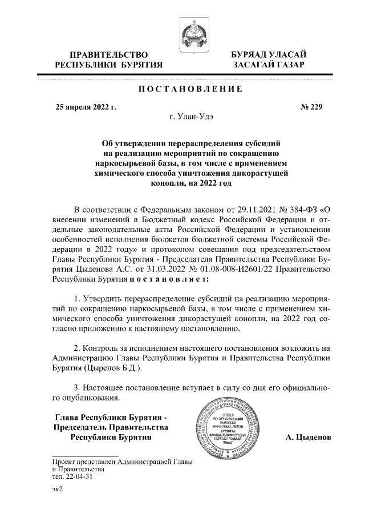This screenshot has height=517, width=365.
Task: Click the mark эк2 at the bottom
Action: (57, 491)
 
